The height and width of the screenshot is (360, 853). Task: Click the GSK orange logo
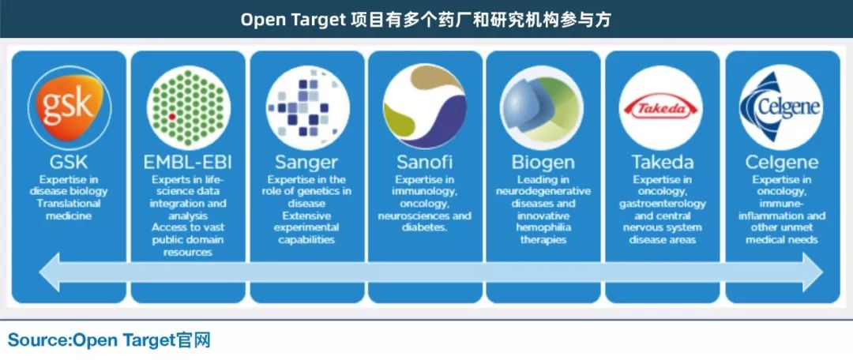point(69,107)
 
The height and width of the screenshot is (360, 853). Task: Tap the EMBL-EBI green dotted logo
point(188,107)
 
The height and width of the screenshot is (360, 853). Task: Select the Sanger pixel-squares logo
point(307,107)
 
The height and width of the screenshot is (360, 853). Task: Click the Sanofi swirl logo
point(425,107)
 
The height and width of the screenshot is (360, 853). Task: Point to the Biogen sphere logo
point(543,107)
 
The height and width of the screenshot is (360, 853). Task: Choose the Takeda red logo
point(660,107)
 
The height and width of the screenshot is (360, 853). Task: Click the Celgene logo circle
point(781,107)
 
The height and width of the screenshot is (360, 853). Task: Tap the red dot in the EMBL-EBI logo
point(172,116)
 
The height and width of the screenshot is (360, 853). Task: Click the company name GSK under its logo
point(69,162)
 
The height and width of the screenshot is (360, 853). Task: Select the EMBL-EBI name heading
point(188,162)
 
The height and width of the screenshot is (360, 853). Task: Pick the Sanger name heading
point(306,162)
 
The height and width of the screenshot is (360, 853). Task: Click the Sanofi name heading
point(425,162)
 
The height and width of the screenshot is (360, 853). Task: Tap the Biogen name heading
point(543,162)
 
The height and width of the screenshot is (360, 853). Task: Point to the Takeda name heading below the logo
point(663,162)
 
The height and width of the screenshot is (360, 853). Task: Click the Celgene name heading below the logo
point(782,162)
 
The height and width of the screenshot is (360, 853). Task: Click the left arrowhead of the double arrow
point(50,272)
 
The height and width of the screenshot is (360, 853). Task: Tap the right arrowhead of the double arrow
point(813,272)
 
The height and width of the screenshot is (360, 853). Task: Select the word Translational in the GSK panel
point(69,204)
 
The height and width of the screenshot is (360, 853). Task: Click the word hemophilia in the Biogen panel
point(543,227)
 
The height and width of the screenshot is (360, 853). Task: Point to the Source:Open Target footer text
point(109,340)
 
